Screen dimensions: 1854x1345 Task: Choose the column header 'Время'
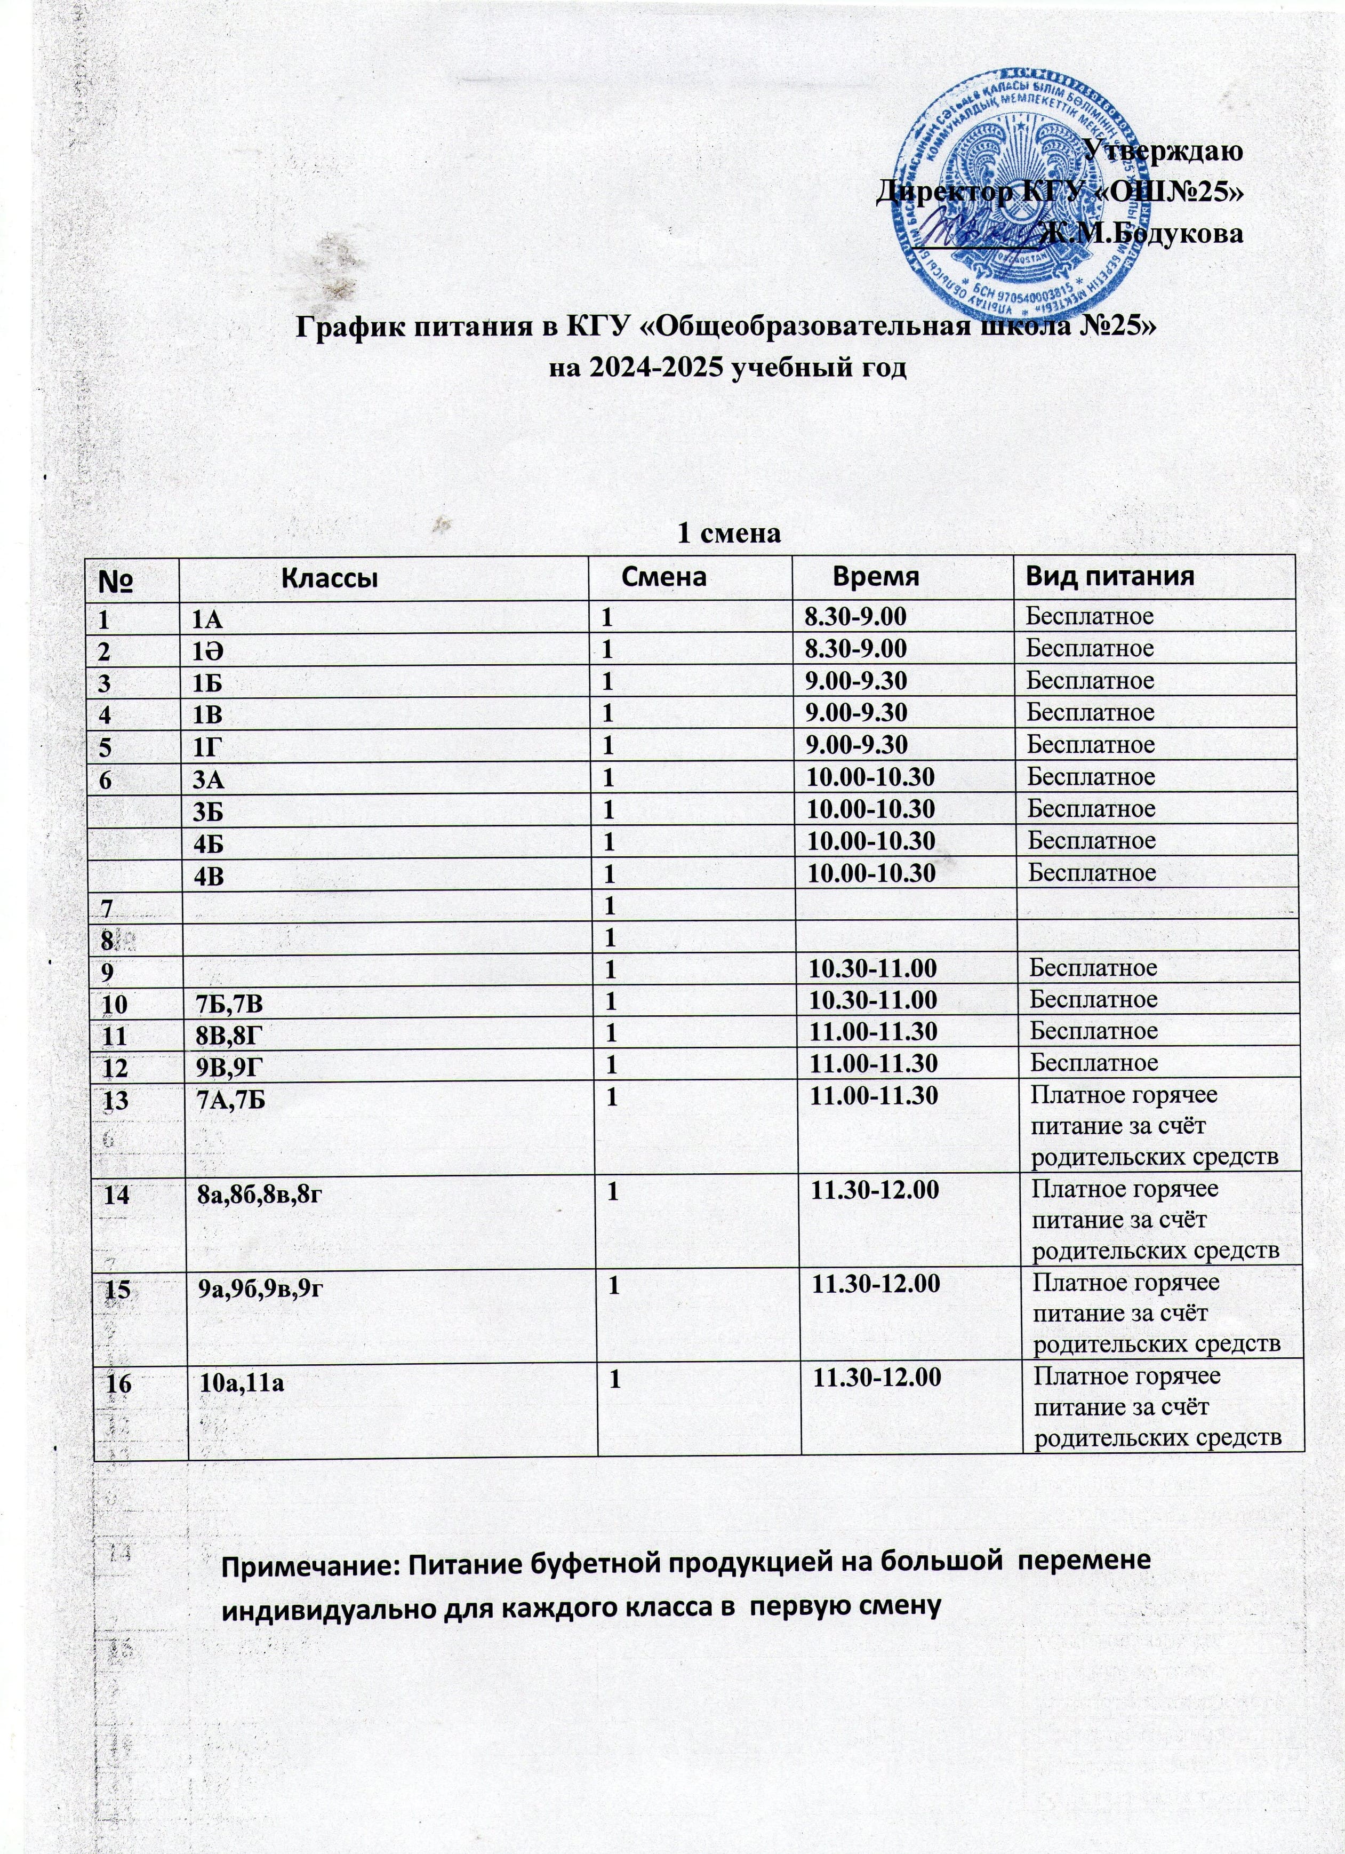coord(875,576)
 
